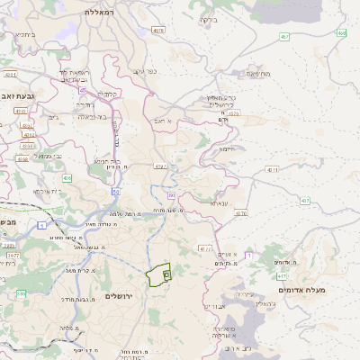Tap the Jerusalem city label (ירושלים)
119,296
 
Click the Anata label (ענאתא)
218,203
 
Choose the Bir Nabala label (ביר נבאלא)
93,116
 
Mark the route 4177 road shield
205,247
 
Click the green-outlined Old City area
159,274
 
